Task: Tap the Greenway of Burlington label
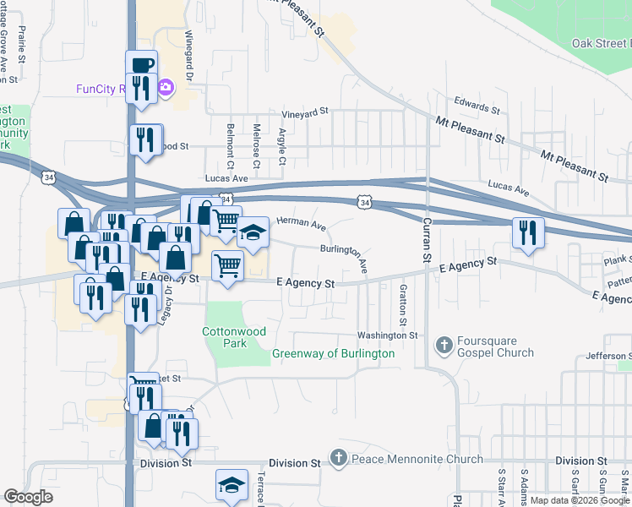click(x=333, y=353)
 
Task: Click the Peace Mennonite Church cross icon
click(x=339, y=459)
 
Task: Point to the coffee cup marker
click(x=142, y=65)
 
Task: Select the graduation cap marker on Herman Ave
click(x=253, y=232)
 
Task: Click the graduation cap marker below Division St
click(x=232, y=485)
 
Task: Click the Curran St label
click(x=426, y=237)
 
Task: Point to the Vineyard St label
click(x=304, y=112)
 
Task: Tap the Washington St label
click(x=387, y=335)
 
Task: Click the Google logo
click(x=28, y=497)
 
